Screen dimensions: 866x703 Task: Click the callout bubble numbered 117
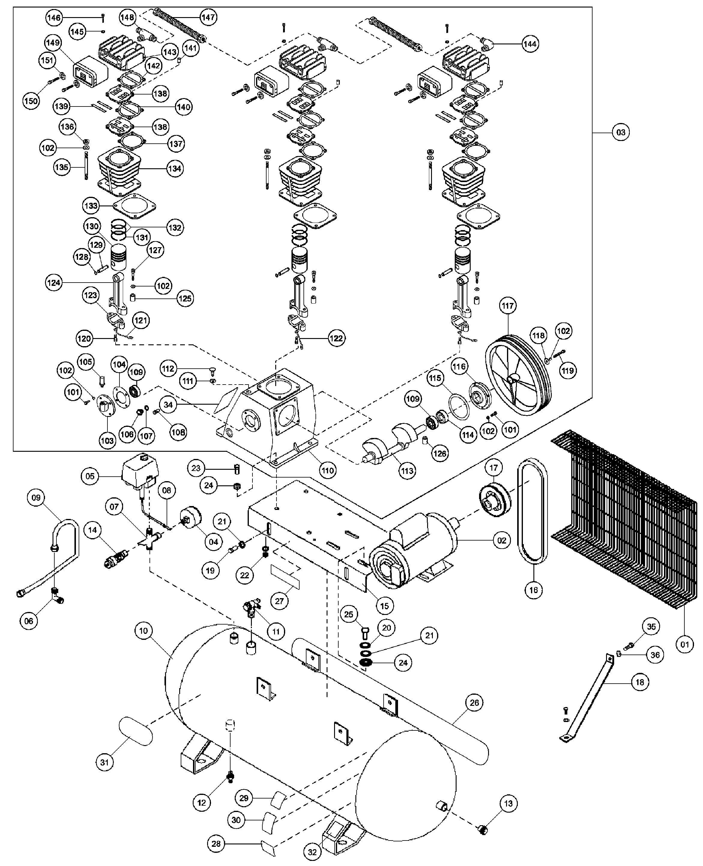tap(508, 306)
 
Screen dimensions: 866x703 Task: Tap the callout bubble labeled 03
tap(620, 132)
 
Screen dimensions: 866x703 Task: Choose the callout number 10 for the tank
tap(145, 631)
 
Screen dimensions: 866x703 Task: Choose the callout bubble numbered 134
tap(174, 168)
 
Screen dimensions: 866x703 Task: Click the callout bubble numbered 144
tap(530, 44)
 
